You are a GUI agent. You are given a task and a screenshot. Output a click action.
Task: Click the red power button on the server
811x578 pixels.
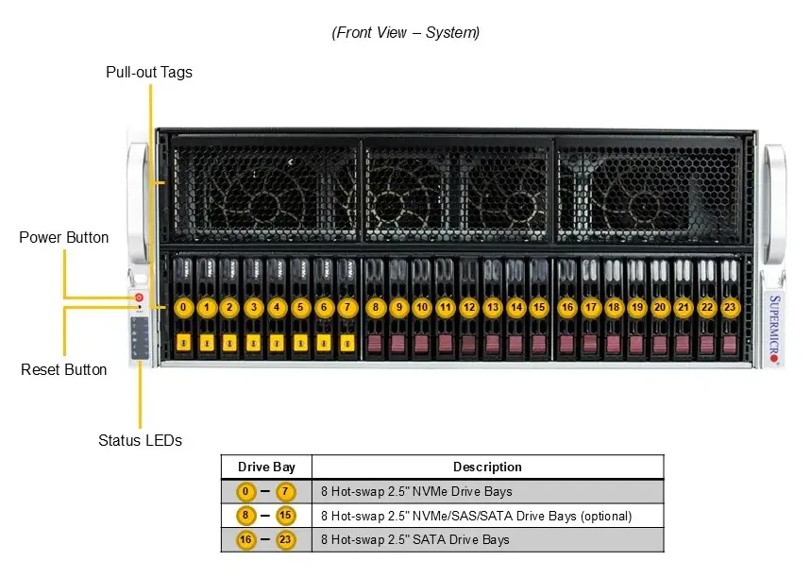point(139,297)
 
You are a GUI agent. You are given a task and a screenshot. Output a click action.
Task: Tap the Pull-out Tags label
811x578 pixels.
point(149,72)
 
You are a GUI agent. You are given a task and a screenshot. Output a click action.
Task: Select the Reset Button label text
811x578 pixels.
point(63,369)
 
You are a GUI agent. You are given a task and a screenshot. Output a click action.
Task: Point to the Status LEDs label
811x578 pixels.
point(140,440)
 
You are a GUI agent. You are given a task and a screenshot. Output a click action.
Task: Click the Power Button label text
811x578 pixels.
point(63,237)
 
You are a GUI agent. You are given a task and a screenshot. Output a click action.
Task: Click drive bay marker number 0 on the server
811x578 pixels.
point(183,307)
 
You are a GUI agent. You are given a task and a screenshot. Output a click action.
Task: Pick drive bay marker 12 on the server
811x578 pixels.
point(469,307)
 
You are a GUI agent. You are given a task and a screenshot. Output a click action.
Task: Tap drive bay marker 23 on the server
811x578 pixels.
point(730,307)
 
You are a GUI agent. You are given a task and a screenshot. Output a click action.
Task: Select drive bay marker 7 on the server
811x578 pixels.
point(347,307)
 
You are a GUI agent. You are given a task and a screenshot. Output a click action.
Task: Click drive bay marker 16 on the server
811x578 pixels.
point(567,307)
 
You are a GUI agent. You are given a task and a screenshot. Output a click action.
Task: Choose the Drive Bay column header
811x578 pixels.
point(266,467)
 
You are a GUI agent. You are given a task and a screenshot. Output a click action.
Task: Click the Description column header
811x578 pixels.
point(487,467)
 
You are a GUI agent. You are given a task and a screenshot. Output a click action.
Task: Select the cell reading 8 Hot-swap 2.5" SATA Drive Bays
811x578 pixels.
point(414,539)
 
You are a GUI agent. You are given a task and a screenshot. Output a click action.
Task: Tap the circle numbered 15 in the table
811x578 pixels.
point(285,516)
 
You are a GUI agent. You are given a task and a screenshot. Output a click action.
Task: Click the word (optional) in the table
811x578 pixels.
point(606,516)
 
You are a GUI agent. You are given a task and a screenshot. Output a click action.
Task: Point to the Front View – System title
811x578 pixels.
point(406,33)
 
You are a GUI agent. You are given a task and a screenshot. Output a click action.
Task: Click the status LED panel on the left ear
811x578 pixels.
point(140,338)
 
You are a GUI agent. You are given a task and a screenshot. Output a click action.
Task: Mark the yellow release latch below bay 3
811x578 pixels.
point(253,343)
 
